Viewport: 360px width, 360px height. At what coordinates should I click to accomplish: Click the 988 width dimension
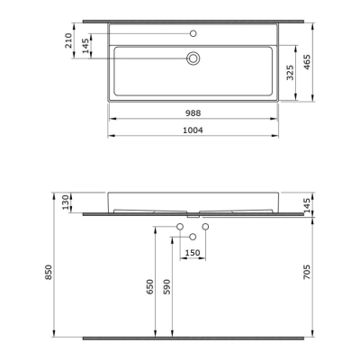click(193, 112)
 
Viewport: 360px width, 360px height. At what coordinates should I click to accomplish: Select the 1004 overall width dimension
click(193, 130)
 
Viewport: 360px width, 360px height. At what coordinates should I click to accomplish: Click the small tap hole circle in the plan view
click(193, 33)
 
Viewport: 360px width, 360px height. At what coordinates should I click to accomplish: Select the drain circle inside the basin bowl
click(193, 58)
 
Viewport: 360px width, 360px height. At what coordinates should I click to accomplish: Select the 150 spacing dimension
click(192, 253)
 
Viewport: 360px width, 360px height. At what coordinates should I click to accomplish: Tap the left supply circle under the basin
click(180, 225)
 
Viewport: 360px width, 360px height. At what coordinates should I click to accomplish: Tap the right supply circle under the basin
click(205, 225)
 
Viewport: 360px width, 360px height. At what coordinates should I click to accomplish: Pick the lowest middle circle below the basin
click(193, 236)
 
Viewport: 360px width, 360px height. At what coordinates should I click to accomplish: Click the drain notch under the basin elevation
click(193, 216)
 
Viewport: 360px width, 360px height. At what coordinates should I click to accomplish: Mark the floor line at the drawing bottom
click(193, 339)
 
